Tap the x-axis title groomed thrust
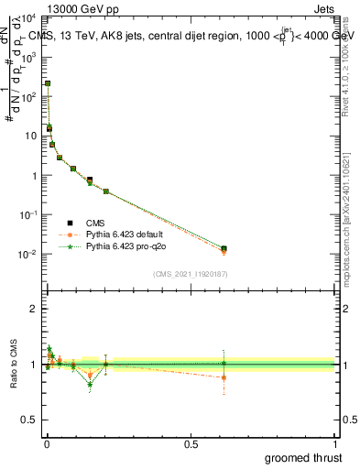pyautogui.click(x=303, y=457)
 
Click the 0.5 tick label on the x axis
pyautogui.click(x=191, y=443)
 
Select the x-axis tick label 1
pyautogui.click(x=334, y=443)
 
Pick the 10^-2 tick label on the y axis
pyautogui.click(x=27, y=254)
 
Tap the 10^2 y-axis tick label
pyautogui.click(x=27, y=96)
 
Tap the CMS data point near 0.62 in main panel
pyautogui.click(x=224, y=248)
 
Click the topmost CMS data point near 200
pyautogui.click(x=48, y=83)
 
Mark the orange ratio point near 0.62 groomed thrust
pyautogui.click(x=224, y=377)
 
